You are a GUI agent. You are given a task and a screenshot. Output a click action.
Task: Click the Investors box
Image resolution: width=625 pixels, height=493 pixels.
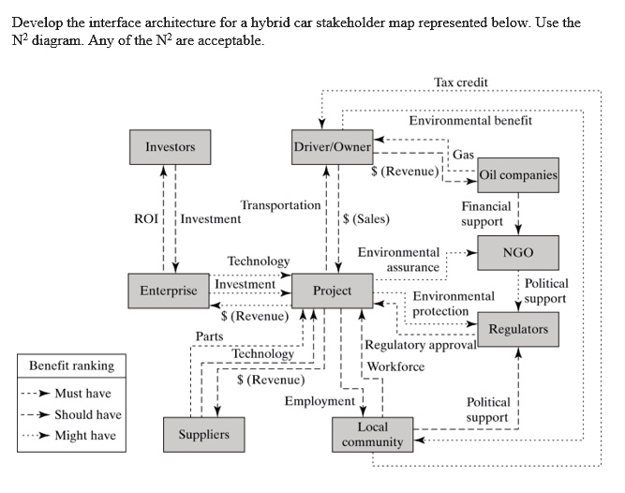click(x=170, y=147)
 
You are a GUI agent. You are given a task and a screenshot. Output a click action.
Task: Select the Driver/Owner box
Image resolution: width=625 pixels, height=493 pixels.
click(x=333, y=147)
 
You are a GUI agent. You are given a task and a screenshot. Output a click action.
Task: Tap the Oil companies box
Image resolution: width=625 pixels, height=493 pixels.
click(x=517, y=174)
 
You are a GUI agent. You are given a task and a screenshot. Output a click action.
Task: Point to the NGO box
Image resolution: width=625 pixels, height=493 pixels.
click(x=517, y=253)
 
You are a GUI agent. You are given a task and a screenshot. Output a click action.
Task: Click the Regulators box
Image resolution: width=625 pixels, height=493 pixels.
click(x=517, y=329)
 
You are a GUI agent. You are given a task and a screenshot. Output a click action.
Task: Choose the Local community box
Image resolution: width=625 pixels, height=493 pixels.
click(x=372, y=434)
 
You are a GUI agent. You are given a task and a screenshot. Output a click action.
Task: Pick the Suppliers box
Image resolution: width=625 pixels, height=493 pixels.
click(x=203, y=434)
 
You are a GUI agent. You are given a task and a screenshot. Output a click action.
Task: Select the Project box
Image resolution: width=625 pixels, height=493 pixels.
click(x=332, y=291)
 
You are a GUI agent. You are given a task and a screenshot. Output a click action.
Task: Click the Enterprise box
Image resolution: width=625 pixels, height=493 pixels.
click(x=169, y=291)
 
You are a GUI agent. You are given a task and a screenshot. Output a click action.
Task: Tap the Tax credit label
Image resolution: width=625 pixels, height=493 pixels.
click(x=461, y=82)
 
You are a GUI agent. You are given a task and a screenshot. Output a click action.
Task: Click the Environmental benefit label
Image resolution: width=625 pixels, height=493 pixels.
click(x=470, y=120)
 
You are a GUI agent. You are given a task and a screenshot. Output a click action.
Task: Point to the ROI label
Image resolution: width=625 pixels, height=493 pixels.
click(x=147, y=219)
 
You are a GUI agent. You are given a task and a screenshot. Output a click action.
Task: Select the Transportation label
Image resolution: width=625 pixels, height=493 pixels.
click(x=280, y=205)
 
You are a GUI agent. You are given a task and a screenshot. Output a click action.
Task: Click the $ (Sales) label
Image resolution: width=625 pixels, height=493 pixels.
click(x=366, y=219)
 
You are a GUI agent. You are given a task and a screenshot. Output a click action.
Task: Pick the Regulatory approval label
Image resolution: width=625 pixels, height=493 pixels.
click(x=421, y=345)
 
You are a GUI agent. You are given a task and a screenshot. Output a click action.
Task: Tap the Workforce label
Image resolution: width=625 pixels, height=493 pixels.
click(x=395, y=366)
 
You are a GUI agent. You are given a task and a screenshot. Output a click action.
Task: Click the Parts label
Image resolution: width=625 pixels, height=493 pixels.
click(x=209, y=336)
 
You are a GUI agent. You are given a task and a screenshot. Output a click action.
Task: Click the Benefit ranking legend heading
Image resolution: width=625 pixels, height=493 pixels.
click(x=71, y=366)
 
